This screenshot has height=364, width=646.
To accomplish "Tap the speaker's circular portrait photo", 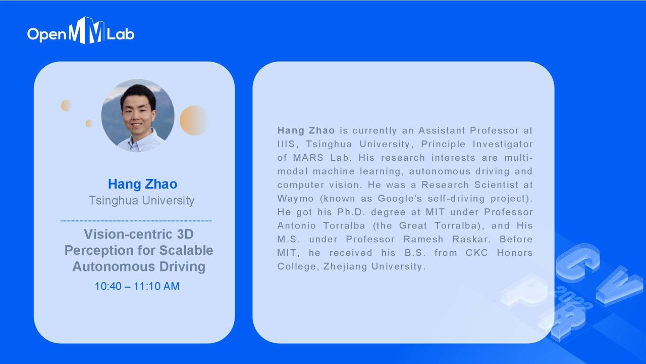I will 138,115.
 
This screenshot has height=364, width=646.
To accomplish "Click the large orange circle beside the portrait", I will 194,120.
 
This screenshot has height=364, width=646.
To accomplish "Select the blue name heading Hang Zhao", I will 142,184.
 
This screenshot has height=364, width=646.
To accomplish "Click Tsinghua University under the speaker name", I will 141,200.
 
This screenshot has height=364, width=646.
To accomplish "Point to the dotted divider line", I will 136,221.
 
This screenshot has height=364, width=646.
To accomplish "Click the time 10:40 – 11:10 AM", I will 137,286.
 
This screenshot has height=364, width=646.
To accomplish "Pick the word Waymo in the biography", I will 294,198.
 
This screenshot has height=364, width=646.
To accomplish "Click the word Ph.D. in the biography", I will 354,212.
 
